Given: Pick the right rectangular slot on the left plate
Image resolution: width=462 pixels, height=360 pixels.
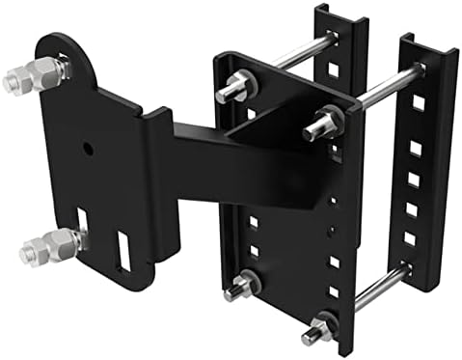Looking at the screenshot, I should point(122,250).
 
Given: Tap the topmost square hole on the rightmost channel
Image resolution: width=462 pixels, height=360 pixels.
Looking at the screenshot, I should point(418,101).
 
